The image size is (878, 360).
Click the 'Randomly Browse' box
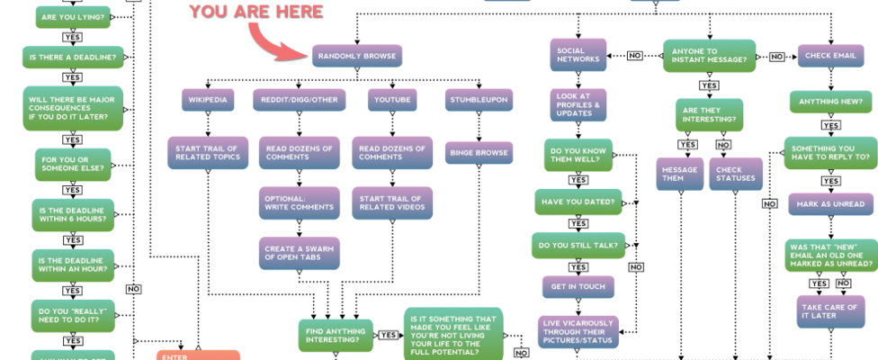click(356, 56)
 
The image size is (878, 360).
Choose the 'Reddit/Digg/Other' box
click(300, 99)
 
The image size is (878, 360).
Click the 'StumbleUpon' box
click(479, 99)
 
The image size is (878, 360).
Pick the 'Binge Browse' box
click(479, 153)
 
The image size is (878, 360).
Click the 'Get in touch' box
click(577, 286)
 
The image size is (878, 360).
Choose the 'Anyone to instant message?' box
click(709, 56)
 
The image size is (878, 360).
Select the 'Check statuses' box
click(735, 174)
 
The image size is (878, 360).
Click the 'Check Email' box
click(830, 56)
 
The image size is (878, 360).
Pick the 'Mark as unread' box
click(830, 203)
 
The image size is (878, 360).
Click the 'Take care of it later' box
click(830, 311)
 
